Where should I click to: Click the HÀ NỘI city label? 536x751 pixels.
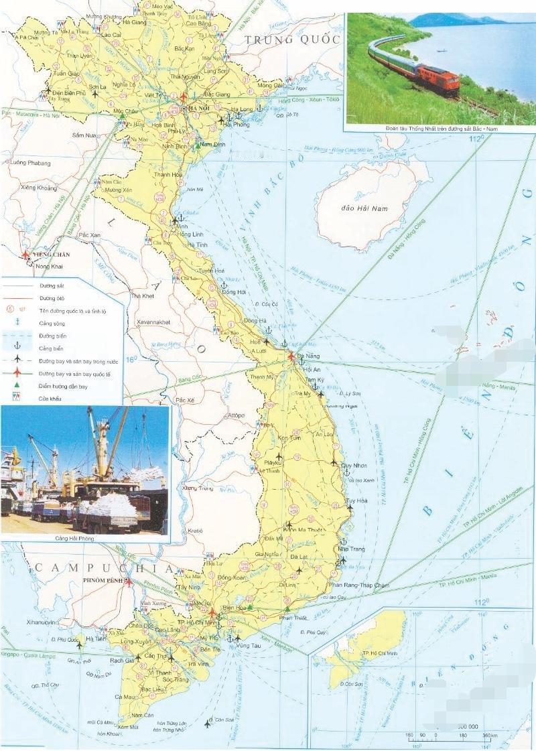coord(199,109)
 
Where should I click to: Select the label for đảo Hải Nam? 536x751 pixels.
coord(364,208)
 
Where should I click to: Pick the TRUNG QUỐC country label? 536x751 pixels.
coord(293,40)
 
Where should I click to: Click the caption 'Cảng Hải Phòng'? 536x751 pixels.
coord(76,538)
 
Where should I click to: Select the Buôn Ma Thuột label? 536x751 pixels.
coord(306,529)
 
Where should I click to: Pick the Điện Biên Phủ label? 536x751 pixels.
coord(70,92)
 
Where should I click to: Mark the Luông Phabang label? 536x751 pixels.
coord(30,162)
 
